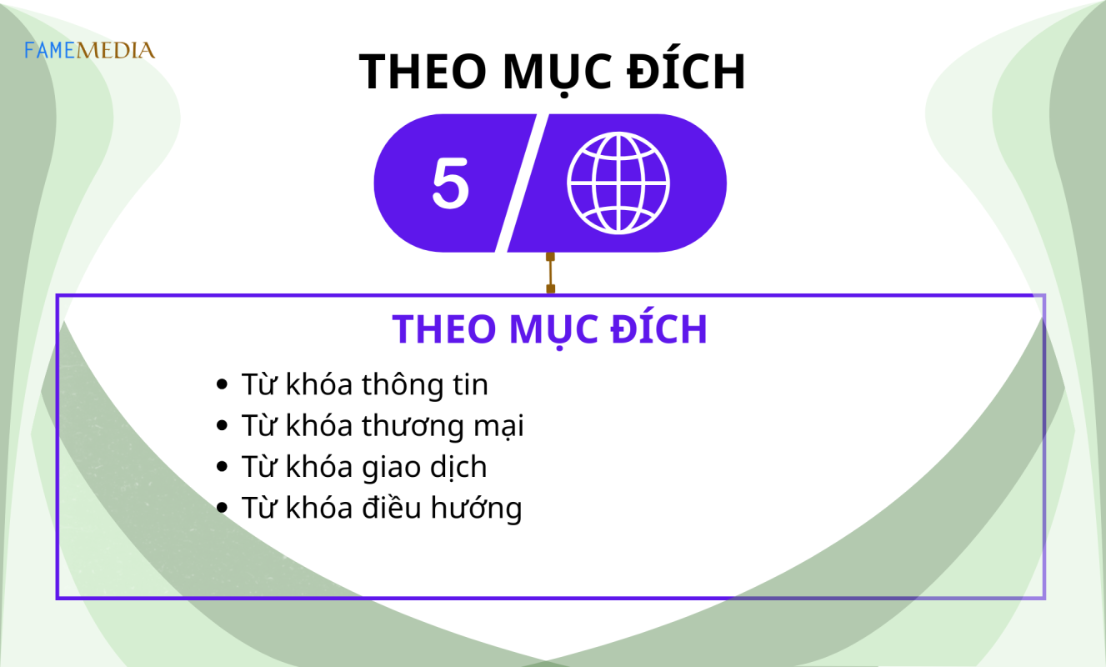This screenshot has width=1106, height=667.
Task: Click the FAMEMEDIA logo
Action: point(90,50)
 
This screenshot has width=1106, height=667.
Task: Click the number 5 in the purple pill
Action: point(450,183)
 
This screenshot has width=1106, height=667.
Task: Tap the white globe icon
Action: point(618,183)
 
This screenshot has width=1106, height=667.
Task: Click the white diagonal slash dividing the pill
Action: point(522,183)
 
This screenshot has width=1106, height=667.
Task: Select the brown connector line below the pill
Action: point(551,273)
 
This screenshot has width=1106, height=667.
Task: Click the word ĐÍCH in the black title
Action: point(686,73)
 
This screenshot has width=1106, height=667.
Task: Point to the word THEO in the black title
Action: point(423,73)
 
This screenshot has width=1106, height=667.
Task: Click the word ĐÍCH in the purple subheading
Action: point(658,328)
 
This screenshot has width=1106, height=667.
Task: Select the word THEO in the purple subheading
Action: point(444,329)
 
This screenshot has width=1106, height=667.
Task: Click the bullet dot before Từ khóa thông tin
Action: point(223,384)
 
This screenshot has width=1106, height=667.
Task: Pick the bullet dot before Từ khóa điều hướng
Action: point(223,508)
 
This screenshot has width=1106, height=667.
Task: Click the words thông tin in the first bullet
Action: point(424,384)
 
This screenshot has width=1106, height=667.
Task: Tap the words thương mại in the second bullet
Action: point(443,426)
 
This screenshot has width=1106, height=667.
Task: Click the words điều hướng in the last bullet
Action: point(442,509)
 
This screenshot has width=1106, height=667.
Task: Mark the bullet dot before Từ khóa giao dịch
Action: point(223,466)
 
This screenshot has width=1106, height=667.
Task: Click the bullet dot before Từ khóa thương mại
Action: point(223,425)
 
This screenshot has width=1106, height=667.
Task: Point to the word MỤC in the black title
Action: point(557,74)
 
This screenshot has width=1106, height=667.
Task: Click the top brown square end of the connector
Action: point(551,257)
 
